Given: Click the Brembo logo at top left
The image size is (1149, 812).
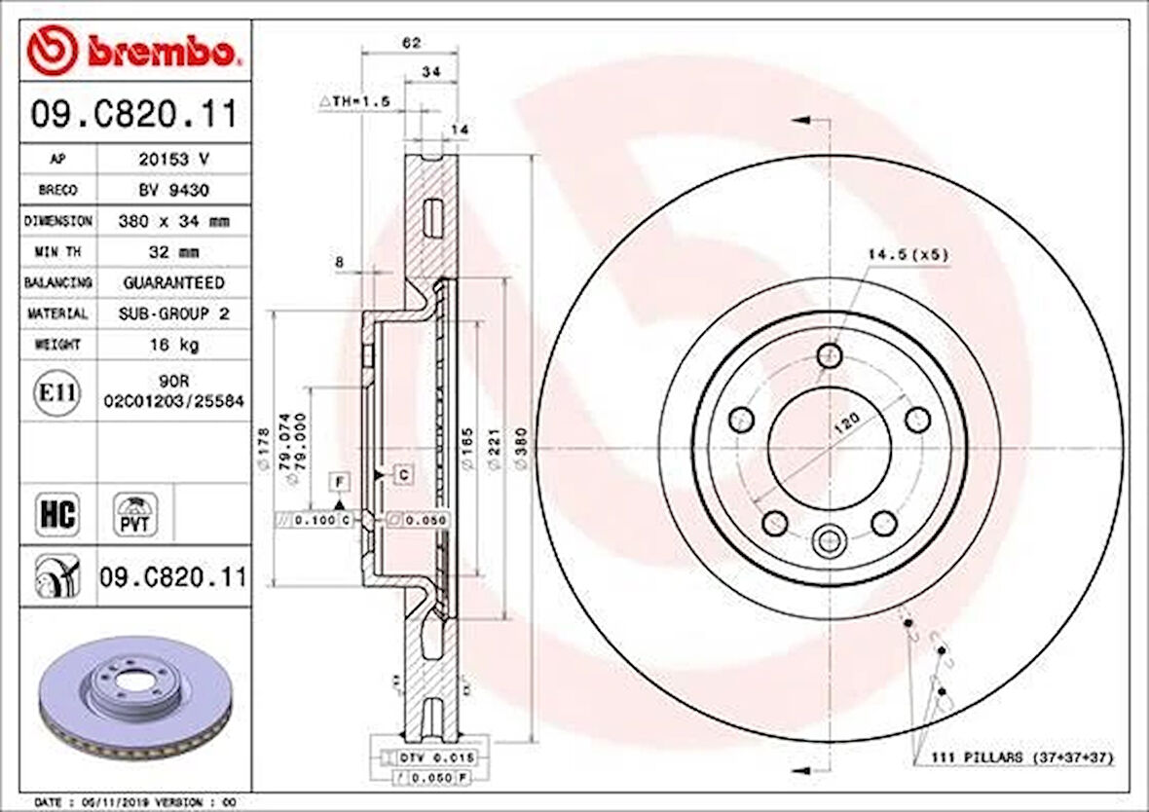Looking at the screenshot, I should pyautogui.click(x=131, y=50).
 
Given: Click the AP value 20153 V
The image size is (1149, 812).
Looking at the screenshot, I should pyautogui.click(x=172, y=158).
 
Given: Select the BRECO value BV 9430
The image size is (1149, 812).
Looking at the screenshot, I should pyautogui.click(x=172, y=189).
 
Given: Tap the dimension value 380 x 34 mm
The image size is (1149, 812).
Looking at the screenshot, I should pyautogui.click(x=172, y=221).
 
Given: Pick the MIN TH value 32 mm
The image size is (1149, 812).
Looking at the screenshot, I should pyautogui.click(x=172, y=252).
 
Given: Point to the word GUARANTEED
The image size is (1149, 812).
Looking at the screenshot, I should pyautogui.click(x=173, y=282).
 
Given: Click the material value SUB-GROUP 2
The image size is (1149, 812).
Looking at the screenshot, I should pyautogui.click(x=172, y=314).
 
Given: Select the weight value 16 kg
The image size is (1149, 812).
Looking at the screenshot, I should pyautogui.click(x=172, y=345).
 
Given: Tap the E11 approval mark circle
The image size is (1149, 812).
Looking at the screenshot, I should pyautogui.click(x=57, y=392).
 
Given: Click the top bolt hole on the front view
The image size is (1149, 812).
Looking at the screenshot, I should pyautogui.click(x=830, y=354).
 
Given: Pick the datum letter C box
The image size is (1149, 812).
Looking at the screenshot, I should pyautogui.click(x=402, y=474).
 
